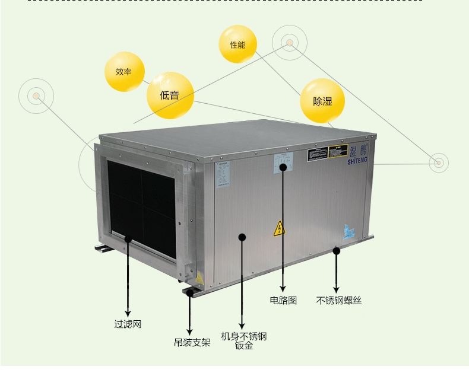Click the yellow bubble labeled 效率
click(124, 72)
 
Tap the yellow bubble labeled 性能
click(237, 44)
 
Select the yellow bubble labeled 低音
click(170, 95)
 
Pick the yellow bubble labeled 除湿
click(322, 101)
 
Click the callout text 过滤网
click(128, 324)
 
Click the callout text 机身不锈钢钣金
click(243, 341)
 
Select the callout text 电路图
click(283, 300)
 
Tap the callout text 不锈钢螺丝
click(339, 300)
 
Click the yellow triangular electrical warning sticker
click(279, 229)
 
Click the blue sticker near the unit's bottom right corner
click(348, 231)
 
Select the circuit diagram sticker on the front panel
click(283, 161)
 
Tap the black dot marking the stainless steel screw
click(337, 251)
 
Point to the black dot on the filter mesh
click(128, 239)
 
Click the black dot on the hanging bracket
click(190, 292)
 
